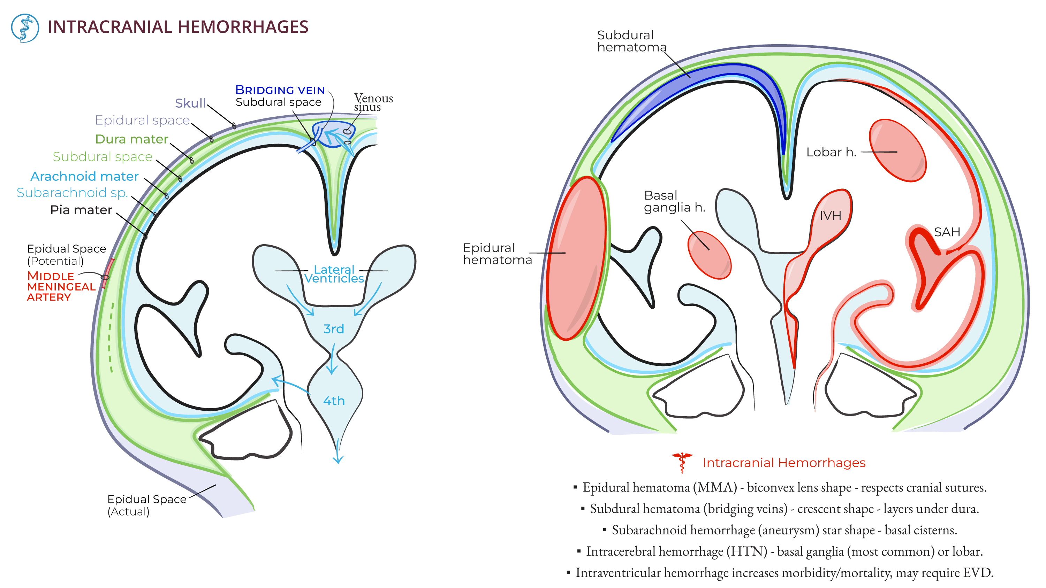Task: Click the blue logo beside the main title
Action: tap(25, 28)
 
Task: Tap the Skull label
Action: tap(190, 103)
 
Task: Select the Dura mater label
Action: tap(131, 139)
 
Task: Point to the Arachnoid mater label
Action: tap(84, 177)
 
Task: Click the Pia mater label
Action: tap(81, 210)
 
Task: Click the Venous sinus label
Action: tap(372, 102)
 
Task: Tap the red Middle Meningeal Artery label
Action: tap(61, 286)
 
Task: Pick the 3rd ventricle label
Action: tap(333, 329)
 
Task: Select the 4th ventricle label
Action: tap(334, 401)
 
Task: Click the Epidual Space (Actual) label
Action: tap(146, 505)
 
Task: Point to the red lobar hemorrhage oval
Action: tap(897, 150)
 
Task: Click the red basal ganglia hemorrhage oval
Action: tap(709, 255)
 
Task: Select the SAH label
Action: tap(947, 232)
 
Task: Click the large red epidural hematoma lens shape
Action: tap(576, 258)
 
